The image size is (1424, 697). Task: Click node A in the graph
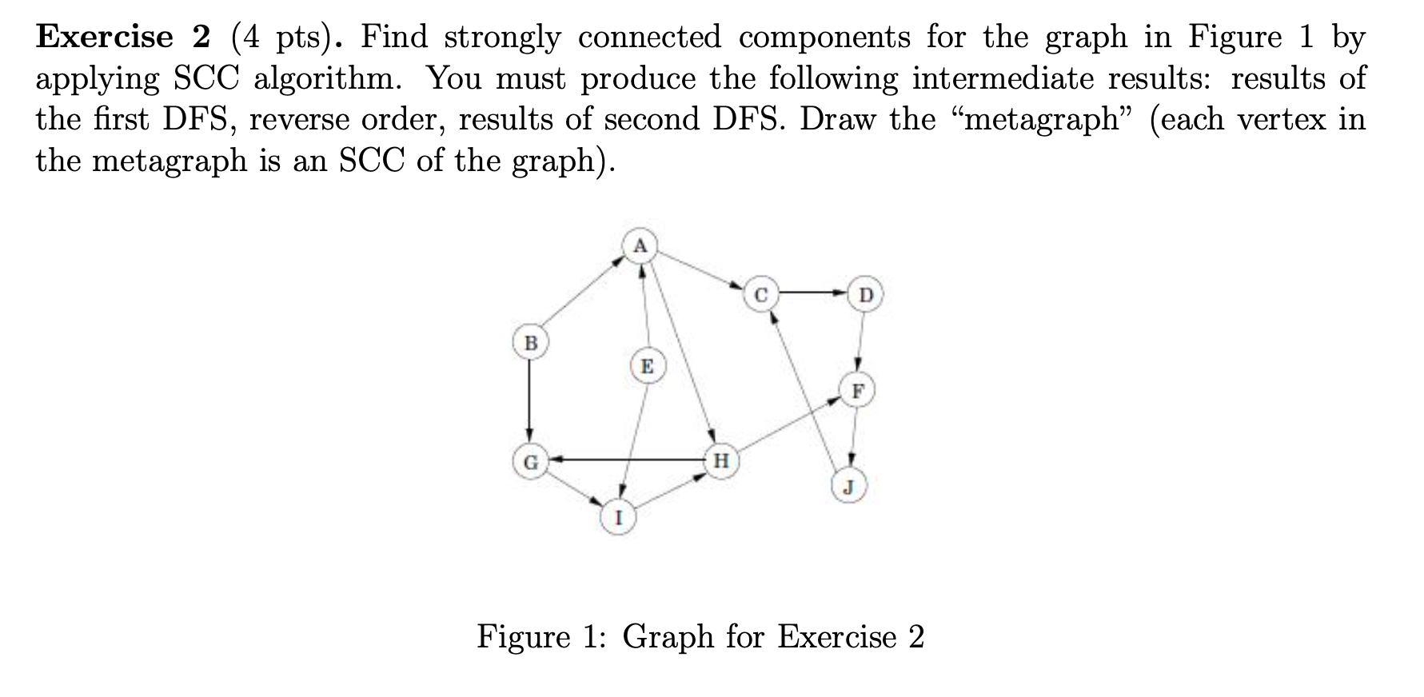640,245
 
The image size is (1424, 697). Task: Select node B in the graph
530,343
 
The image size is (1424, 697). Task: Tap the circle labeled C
760,295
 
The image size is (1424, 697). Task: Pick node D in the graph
866,295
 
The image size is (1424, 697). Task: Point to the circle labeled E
647,367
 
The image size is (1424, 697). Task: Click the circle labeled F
858,391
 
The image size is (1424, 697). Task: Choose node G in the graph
530,461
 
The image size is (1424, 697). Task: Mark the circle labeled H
720,461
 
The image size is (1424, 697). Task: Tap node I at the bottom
618,517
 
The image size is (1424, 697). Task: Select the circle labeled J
849,486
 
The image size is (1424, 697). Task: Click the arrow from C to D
812,293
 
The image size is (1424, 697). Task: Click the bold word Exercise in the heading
105,38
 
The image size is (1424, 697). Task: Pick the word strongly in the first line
502,38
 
